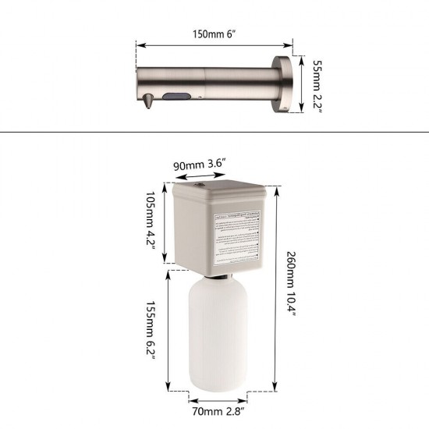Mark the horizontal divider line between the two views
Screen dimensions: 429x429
coord(214,132)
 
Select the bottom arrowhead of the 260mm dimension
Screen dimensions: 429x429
coord(275,385)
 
